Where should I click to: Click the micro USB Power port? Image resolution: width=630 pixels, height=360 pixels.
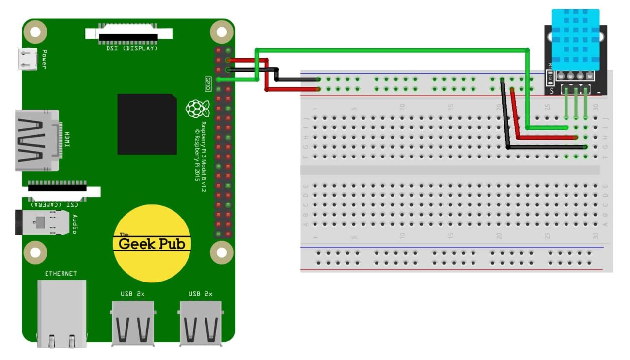click(x=27, y=59)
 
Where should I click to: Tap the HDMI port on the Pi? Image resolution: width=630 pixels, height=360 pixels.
click(x=37, y=141)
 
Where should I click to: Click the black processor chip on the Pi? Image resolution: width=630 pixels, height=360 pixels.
click(x=147, y=124)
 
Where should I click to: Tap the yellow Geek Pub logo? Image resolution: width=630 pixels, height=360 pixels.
click(x=152, y=243)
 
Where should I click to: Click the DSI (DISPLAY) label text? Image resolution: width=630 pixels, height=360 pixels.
click(x=131, y=48)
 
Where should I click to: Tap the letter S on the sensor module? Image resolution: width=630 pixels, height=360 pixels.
click(x=551, y=91)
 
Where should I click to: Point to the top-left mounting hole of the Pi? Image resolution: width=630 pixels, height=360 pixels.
click(x=35, y=32)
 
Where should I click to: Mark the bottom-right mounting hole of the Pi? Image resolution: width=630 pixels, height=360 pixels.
click(x=221, y=252)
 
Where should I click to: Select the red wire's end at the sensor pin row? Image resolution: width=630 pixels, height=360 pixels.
click(x=576, y=138)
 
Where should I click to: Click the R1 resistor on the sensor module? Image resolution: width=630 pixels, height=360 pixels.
click(x=550, y=76)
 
